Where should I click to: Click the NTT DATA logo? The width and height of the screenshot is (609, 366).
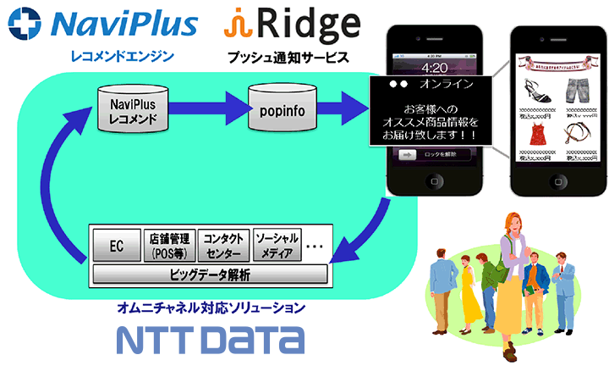(211, 339)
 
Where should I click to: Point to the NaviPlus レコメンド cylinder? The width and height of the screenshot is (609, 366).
(134, 108)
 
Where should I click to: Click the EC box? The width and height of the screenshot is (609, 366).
(116, 245)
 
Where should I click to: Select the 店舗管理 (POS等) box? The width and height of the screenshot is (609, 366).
(169, 245)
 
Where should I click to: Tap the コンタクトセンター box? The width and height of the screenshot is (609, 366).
(223, 245)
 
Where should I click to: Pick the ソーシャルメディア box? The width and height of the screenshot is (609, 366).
(276, 245)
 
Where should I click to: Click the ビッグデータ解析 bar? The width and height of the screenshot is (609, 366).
(210, 274)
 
